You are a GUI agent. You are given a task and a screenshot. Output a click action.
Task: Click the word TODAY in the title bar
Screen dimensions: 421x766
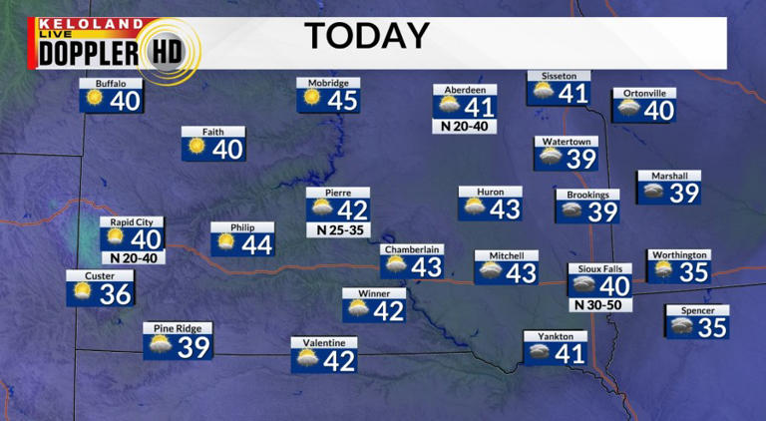pos(366,36)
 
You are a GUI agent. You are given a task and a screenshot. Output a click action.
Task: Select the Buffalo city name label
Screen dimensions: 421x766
pos(111,83)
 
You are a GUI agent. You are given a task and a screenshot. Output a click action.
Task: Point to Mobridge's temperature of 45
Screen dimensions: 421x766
pos(342,100)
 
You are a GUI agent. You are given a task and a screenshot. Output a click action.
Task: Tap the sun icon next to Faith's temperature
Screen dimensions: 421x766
pos(196,149)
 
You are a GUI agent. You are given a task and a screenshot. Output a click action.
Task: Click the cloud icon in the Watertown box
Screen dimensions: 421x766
pos(551,158)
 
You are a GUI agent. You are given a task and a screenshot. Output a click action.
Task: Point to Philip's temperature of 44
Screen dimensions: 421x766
pos(257,244)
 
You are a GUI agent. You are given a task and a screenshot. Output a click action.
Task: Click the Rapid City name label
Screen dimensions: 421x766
pos(132,222)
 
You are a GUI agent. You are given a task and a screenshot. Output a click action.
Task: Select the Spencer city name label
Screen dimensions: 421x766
pos(697,310)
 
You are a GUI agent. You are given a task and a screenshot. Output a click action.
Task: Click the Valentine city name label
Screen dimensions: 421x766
pos(324,343)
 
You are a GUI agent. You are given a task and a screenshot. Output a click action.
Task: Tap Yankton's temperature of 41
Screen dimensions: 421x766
pos(569,353)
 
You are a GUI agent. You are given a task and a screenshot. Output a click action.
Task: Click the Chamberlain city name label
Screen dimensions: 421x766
pos(411,249)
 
